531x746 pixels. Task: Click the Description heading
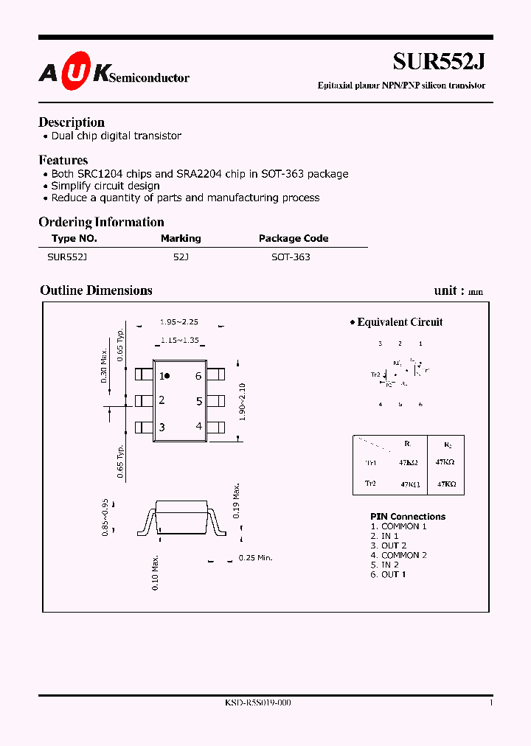coord(72,122)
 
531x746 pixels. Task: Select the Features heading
coord(63,160)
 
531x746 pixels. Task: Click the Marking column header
coord(181,238)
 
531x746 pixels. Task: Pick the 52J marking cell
coord(181,257)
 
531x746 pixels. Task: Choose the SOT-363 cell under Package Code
coord(290,257)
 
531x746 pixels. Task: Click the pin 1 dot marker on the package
coord(167,376)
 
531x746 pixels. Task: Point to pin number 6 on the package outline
coord(198,376)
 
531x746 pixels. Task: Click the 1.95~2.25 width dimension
coord(179,322)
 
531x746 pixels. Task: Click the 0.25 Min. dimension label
coord(255,558)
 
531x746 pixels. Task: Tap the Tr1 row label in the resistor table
coord(371,463)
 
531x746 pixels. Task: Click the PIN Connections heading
coord(408,517)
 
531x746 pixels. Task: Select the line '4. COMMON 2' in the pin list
coord(398,555)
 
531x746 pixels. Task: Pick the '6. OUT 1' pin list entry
coord(388,574)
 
